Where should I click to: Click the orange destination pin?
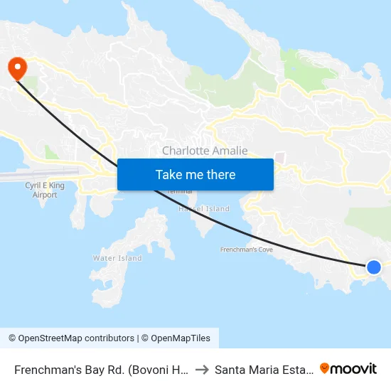[16, 68]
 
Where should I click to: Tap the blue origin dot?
[373, 267]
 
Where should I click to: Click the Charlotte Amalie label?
[205, 151]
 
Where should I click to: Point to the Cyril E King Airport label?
[45, 189]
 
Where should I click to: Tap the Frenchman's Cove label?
[247, 250]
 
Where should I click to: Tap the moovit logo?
[348, 368]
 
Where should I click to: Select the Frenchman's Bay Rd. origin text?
[100, 369]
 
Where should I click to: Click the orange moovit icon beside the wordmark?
[325, 368]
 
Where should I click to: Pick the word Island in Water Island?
[121, 258]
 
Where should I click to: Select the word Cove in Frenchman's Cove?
[263, 250]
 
